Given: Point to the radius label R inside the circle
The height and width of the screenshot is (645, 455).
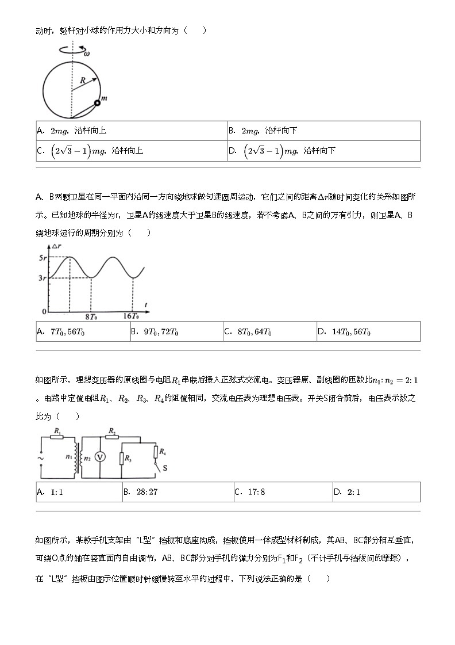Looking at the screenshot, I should (x=83, y=81).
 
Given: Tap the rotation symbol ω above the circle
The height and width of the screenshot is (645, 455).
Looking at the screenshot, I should (x=87, y=53).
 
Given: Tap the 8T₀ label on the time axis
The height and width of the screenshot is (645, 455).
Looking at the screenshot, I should (x=92, y=316).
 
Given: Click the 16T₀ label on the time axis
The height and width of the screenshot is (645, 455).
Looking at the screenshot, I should (x=132, y=316).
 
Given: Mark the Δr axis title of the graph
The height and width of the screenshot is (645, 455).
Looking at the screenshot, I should (x=57, y=246).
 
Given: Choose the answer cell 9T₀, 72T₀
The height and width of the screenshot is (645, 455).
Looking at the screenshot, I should (x=176, y=332).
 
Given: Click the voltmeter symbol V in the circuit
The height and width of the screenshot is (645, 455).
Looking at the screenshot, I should (x=100, y=456).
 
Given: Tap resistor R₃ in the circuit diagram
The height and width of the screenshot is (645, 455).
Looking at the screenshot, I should (x=122, y=459).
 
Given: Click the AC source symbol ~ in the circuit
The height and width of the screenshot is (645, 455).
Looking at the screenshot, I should (x=41, y=458).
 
